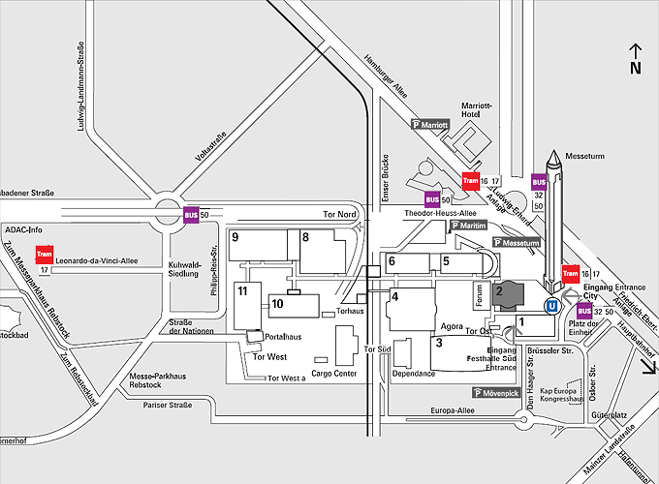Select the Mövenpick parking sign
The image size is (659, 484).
(497, 393)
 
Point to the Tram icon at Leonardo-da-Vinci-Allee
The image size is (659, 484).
(43, 255)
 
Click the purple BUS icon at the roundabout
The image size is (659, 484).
(191, 214)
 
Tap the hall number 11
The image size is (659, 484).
(243, 291)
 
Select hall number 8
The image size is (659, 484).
(305, 237)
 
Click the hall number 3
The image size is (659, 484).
(439, 342)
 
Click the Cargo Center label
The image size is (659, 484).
(334, 374)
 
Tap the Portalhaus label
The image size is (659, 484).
(283, 337)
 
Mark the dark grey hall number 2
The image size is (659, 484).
(499, 290)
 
